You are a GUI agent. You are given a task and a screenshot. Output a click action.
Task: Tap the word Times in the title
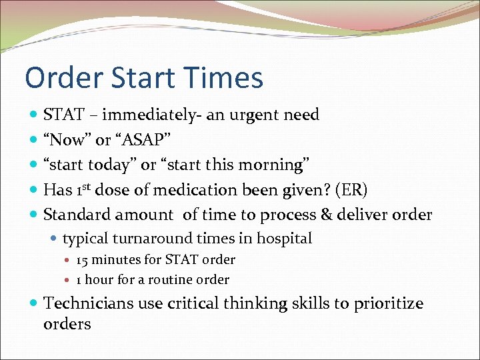point(227,78)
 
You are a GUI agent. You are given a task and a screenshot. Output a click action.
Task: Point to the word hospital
point(285,239)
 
